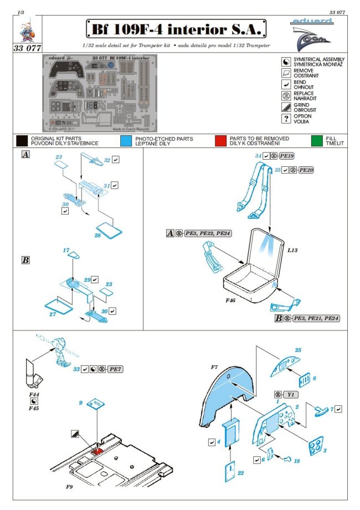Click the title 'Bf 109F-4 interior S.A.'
[177, 28]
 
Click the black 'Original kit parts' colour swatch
[22, 141]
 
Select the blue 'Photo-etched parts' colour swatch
[126, 141]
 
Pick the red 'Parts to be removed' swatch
[221, 141]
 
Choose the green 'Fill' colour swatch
[317, 141]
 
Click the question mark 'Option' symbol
[286, 119]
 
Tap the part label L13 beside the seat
[293, 251]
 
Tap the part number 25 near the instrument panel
[297, 350]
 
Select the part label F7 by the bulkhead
[214, 366]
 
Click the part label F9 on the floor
[53, 489]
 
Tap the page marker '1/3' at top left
[22, 12]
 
